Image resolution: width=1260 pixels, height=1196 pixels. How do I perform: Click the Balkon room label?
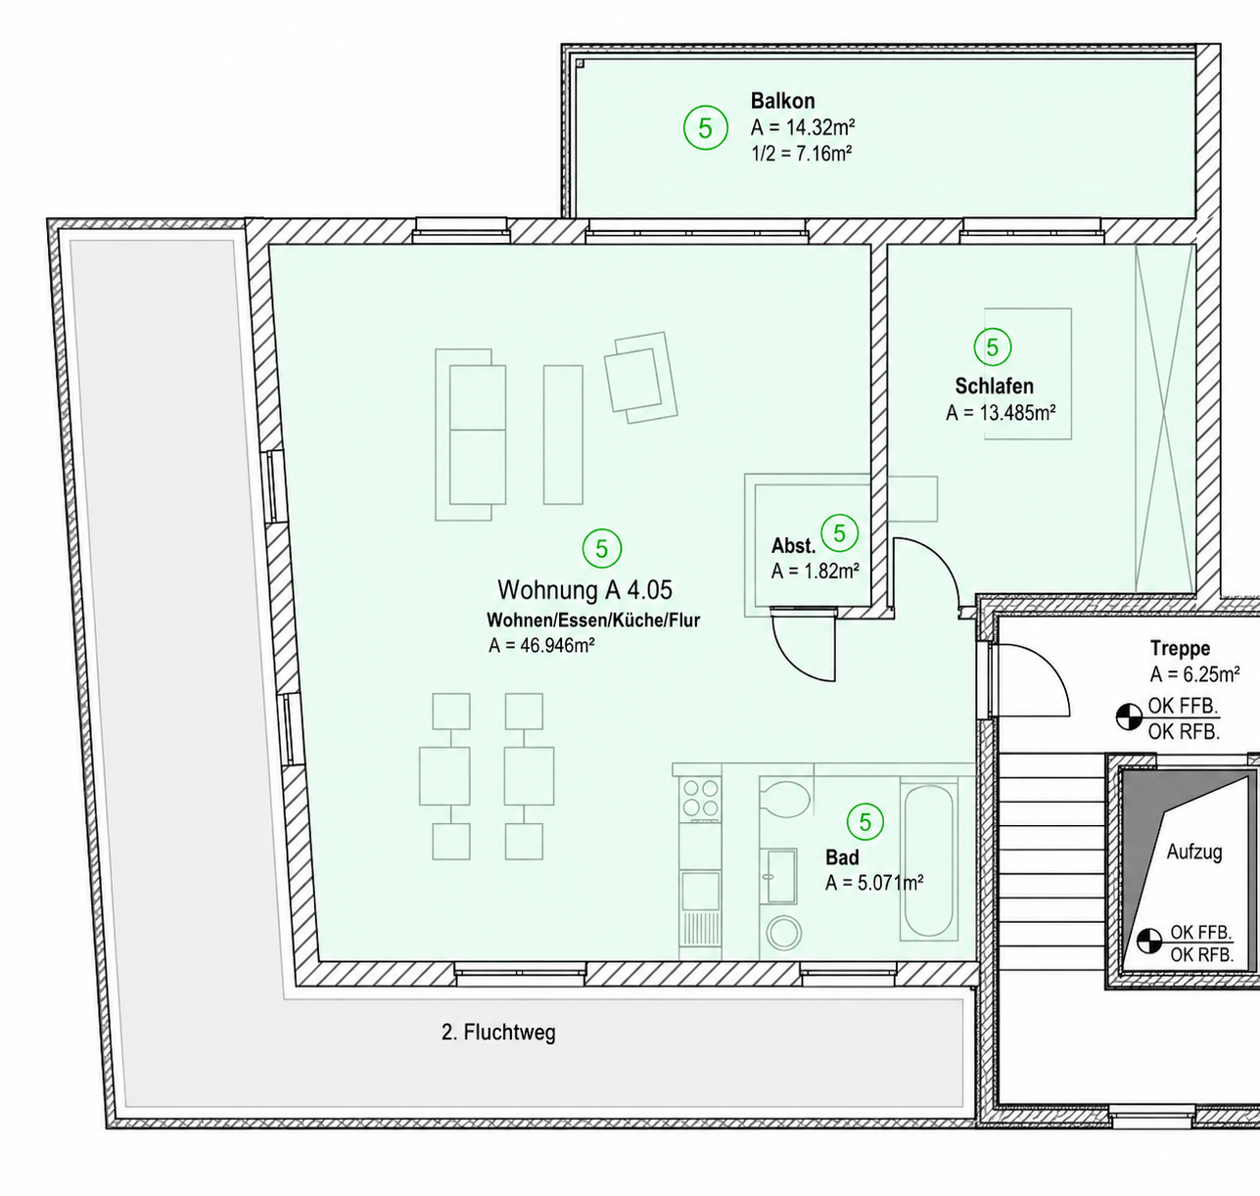click(x=782, y=101)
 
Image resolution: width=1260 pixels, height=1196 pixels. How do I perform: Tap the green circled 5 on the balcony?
click(x=706, y=128)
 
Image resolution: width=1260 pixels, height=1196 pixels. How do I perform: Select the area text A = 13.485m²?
click(x=1001, y=413)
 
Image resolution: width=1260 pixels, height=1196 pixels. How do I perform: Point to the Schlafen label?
click(x=994, y=386)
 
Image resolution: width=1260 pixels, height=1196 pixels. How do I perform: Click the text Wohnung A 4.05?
click(x=585, y=589)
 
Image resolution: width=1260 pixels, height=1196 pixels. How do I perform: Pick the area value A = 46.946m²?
click(x=541, y=645)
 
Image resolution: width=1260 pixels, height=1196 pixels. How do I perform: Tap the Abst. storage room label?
click(x=793, y=546)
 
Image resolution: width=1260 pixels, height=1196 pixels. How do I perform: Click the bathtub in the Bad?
click(x=928, y=860)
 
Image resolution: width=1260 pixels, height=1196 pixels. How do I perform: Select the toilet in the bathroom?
click(x=784, y=798)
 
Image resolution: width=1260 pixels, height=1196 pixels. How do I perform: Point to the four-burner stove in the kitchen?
click(x=700, y=798)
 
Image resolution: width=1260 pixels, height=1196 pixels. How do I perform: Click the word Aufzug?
click(x=1194, y=851)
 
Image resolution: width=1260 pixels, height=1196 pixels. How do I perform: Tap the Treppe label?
click(x=1180, y=648)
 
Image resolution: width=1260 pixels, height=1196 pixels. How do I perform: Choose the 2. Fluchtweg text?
click(x=498, y=1033)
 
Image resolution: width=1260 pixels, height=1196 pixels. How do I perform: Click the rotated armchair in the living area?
click(x=641, y=378)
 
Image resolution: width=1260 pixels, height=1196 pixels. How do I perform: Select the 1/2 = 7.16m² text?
click(x=801, y=154)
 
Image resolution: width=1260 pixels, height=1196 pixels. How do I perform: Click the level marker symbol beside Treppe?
click(x=1129, y=717)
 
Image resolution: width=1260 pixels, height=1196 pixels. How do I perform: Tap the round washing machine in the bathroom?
click(x=783, y=932)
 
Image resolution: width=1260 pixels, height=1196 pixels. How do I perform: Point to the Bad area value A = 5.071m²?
click(x=874, y=883)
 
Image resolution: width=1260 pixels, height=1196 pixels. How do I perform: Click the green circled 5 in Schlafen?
click(x=992, y=347)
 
